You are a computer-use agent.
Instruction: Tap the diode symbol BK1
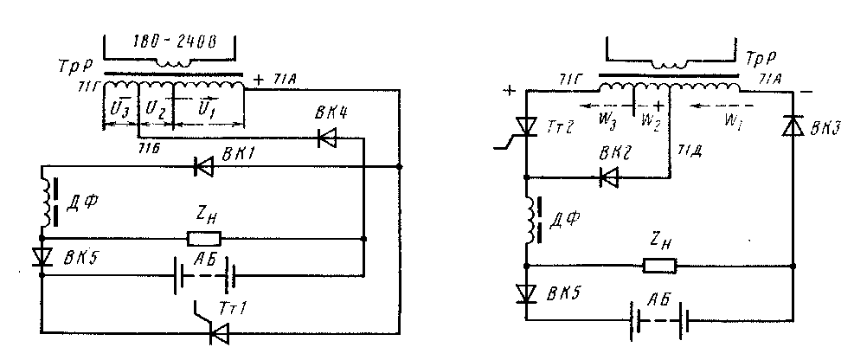(204, 166)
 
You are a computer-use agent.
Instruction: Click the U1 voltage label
(208, 111)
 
